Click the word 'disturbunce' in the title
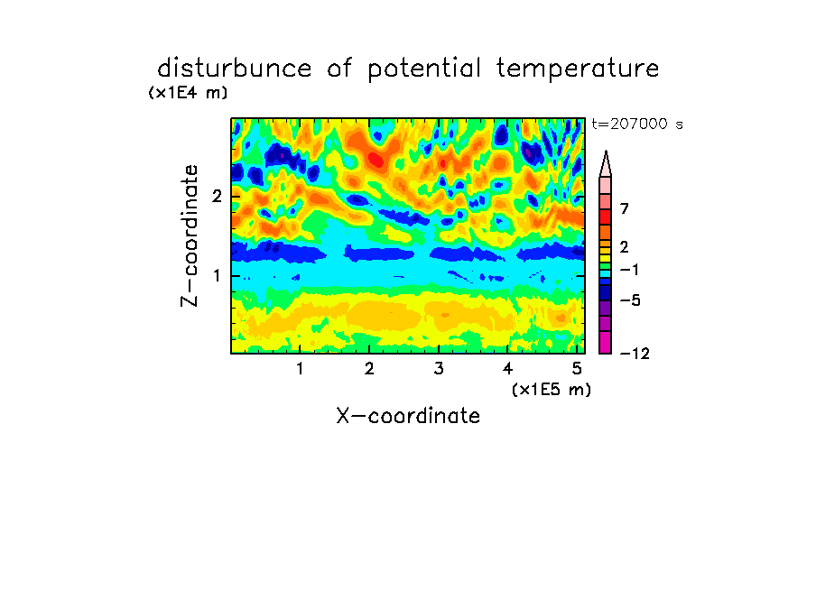point(234,69)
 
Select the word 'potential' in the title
point(424,69)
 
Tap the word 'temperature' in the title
point(578,69)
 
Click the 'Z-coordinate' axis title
point(190,235)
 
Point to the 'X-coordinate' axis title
point(408,416)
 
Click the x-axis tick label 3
point(439,369)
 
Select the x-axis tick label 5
point(577,369)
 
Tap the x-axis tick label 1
point(301,369)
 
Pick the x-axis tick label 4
point(507,369)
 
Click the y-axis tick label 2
point(217,197)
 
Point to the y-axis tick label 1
point(217,275)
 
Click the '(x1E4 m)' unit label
point(188,93)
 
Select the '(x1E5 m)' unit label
point(552,390)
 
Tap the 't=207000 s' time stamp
point(637,124)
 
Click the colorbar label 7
point(625,208)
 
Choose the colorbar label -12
point(635,354)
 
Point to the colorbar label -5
point(630,300)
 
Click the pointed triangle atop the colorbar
point(606,164)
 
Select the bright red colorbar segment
point(606,217)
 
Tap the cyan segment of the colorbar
point(606,273)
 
